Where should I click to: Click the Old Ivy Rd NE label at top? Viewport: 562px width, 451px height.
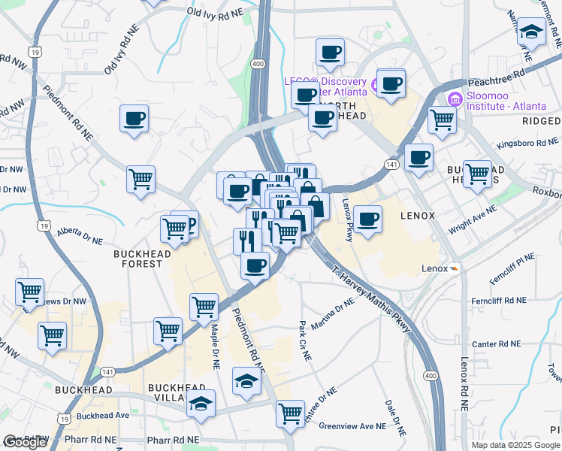(x=216, y=12)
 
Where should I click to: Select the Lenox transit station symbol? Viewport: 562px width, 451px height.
(x=454, y=268)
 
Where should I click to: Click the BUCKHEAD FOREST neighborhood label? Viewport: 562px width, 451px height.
(x=137, y=259)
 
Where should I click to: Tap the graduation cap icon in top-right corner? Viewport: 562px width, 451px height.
(x=532, y=32)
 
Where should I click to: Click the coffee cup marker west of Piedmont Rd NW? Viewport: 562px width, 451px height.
(x=134, y=118)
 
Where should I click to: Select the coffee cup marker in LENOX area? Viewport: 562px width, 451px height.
(x=367, y=219)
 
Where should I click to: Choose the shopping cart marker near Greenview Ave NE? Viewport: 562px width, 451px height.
(x=290, y=413)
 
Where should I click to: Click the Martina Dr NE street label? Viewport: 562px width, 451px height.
(x=332, y=315)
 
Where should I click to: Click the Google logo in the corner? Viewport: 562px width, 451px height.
(x=25, y=442)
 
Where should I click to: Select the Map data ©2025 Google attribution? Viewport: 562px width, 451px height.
(x=515, y=444)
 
